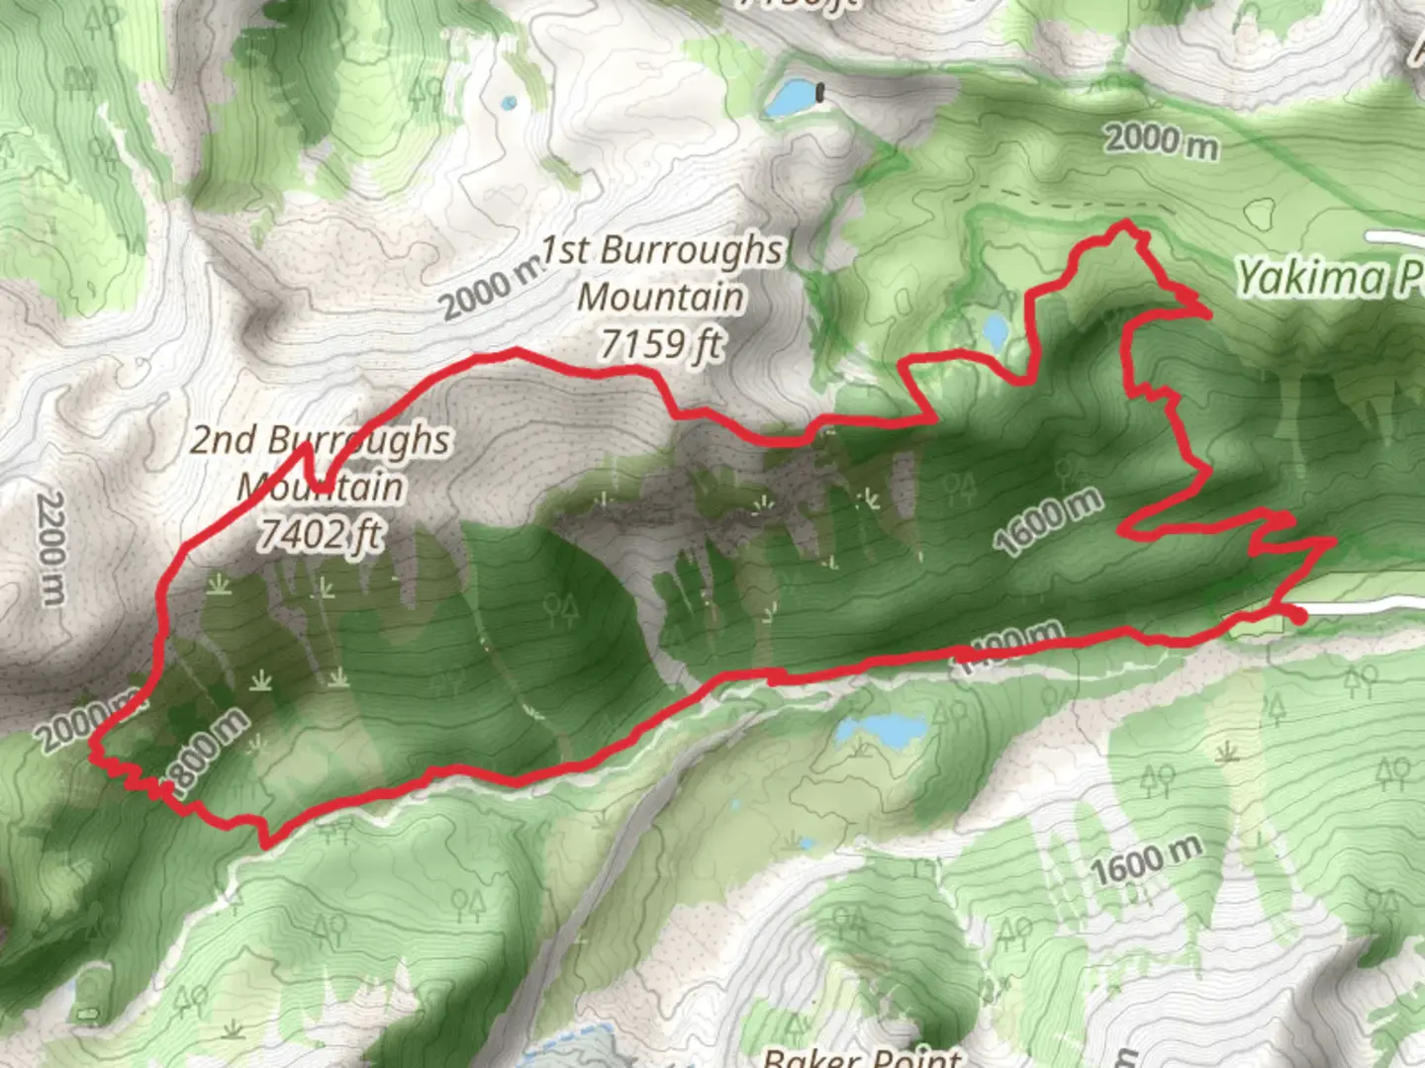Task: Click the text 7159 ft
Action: [661, 344]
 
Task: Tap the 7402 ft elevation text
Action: [320, 534]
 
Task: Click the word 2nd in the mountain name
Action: [224, 440]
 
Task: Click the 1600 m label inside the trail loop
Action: [1048, 521]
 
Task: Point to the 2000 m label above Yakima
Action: [1161, 140]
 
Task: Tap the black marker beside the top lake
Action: [820, 93]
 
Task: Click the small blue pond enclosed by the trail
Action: [996, 330]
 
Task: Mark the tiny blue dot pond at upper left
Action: [509, 103]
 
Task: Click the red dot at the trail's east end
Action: [1299, 616]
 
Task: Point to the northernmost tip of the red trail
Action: [1125, 224]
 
